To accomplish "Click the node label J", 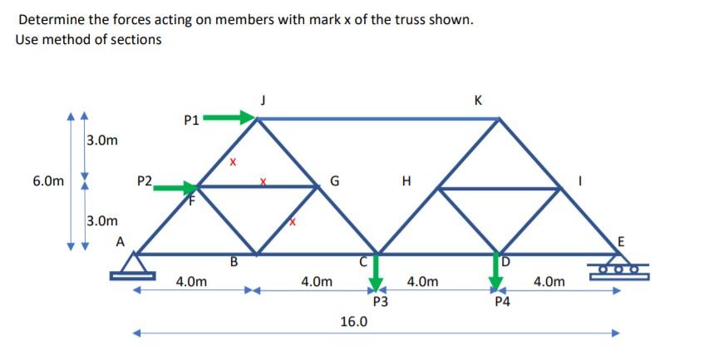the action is (x=263, y=101).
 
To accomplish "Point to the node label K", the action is (x=477, y=101).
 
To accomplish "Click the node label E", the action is (x=618, y=242).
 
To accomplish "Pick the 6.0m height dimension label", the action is (x=47, y=180).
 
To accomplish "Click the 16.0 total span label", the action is (x=354, y=320).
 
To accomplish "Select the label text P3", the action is (x=380, y=303).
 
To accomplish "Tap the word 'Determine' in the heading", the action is (x=48, y=18).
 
